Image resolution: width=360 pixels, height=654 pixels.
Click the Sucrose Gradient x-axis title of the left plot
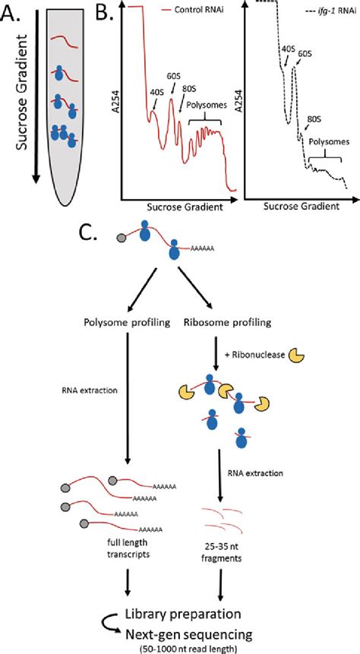point(176,205)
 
